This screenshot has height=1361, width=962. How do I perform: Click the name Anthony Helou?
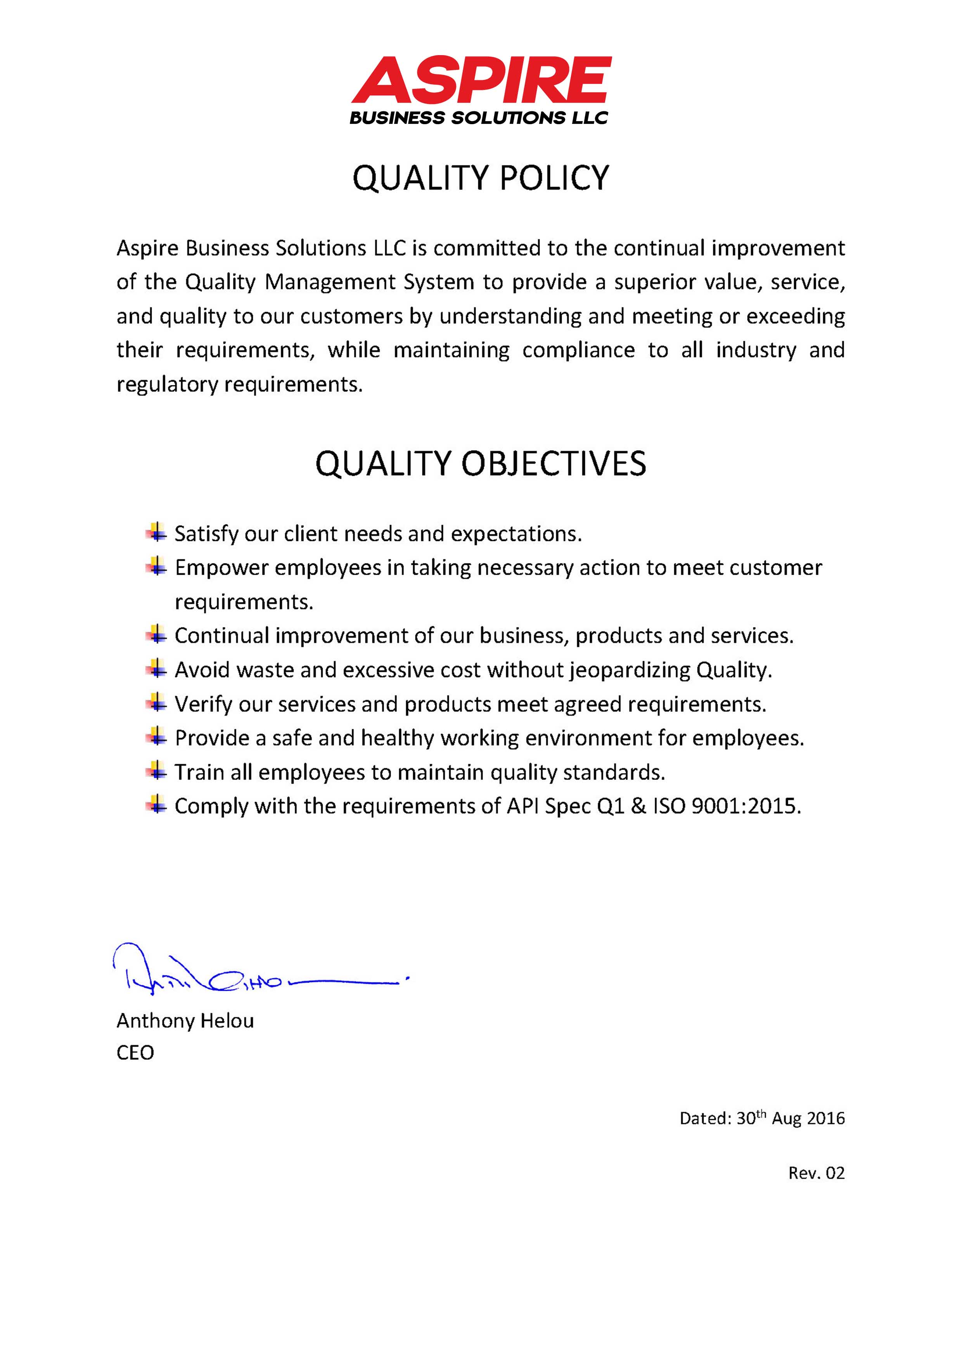[185, 1021]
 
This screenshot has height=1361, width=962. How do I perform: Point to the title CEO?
[135, 1053]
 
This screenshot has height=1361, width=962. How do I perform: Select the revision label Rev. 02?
[816, 1173]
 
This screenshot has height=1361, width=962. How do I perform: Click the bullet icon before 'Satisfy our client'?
[156, 532]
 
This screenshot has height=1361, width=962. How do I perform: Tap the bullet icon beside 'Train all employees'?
[156, 771]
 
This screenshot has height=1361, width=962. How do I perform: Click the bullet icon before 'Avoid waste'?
[156, 669]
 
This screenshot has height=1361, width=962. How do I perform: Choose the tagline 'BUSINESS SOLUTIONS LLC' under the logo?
[479, 118]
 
